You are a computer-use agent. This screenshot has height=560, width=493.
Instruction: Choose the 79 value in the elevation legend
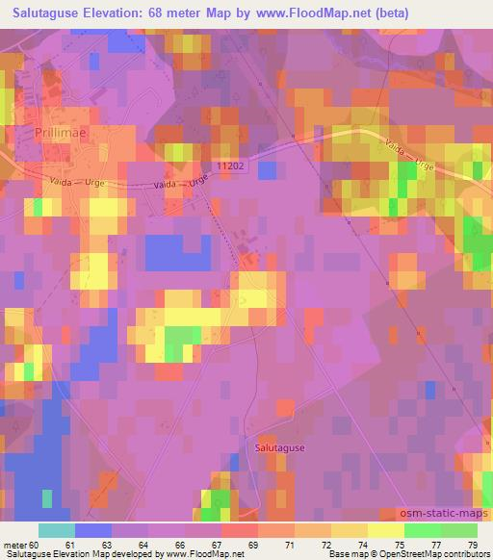(x=472, y=545)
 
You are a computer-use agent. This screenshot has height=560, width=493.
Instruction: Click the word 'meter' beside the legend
(x=13, y=545)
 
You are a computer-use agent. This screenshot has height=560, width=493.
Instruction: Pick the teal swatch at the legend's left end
(x=57, y=530)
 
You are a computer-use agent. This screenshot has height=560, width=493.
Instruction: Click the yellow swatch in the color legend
(x=385, y=530)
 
